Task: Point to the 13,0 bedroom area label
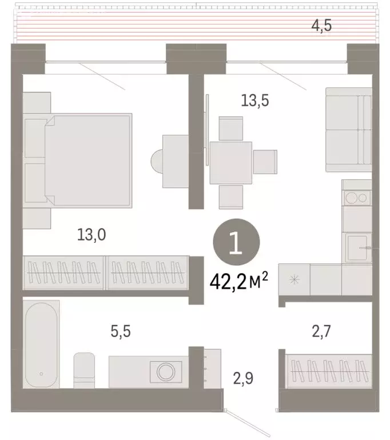pos(93,234)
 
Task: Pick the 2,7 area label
pos(321,331)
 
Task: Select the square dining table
pos(231,162)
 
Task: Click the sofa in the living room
pos(348,129)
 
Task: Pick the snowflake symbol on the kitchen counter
pos(295,280)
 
